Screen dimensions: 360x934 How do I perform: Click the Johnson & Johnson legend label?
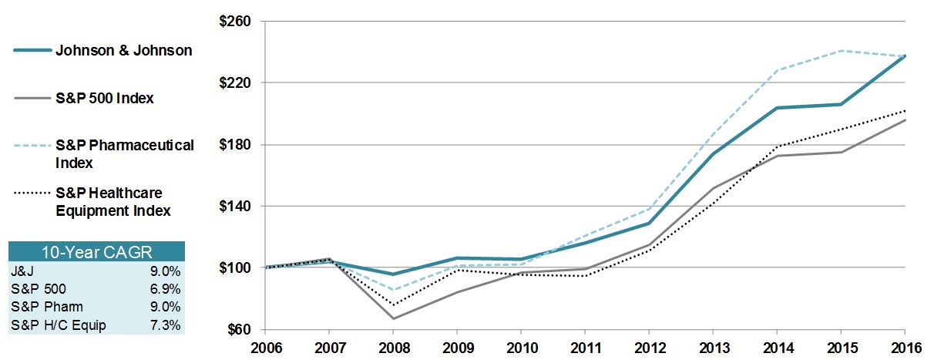(x=123, y=51)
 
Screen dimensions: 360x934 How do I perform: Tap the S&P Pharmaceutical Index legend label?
(x=124, y=153)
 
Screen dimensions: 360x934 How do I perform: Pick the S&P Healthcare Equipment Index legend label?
(x=113, y=201)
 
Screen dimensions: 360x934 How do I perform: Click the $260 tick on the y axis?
(x=237, y=22)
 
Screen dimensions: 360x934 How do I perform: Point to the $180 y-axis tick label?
(x=237, y=145)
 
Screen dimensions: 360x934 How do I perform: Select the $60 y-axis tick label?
(x=240, y=330)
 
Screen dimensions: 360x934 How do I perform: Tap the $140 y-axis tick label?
(x=237, y=207)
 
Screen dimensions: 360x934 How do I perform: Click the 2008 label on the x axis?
(x=393, y=348)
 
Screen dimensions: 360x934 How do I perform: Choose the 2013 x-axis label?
(x=713, y=348)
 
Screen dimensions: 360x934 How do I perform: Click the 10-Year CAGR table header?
(x=96, y=251)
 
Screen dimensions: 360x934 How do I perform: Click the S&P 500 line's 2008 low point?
(x=393, y=318)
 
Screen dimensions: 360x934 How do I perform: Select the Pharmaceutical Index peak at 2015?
(x=842, y=51)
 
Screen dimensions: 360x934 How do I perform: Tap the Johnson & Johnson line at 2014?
(x=778, y=108)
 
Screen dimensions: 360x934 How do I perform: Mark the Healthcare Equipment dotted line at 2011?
(x=585, y=276)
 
